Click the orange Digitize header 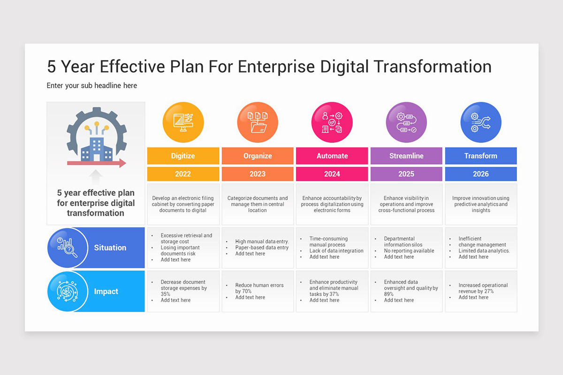[x=183, y=156]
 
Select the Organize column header [x=258, y=156]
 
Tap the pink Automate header [x=332, y=156]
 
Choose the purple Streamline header [x=406, y=156]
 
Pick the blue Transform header [x=481, y=156]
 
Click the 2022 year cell [x=183, y=174]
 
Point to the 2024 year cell [x=332, y=174]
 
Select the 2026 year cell [x=481, y=174]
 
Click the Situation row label [x=110, y=248]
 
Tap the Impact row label [x=106, y=292]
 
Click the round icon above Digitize [x=183, y=122]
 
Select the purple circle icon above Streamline [x=406, y=122]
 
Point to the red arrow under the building [x=96, y=163]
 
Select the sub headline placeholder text [x=92, y=86]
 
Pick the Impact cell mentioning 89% [x=406, y=291]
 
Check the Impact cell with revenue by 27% [x=481, y=291]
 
